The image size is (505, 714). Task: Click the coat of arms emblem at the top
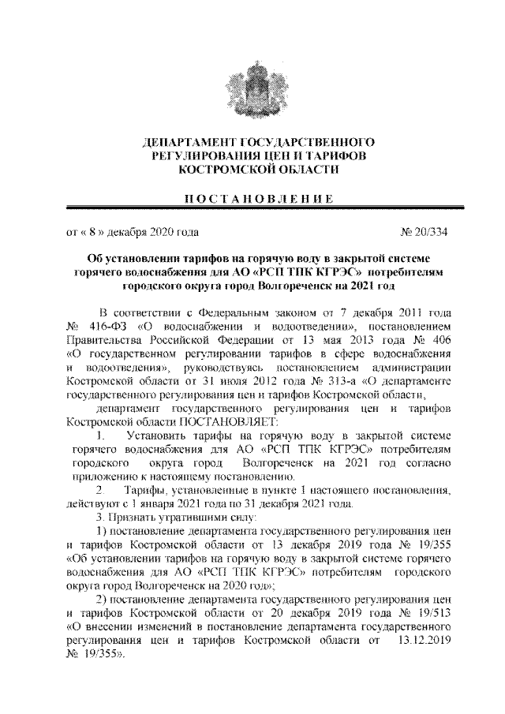pyautogui.click(x=252, y=88)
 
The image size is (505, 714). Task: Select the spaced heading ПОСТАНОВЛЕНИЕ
pyautogui.click(x=252, y=196)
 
